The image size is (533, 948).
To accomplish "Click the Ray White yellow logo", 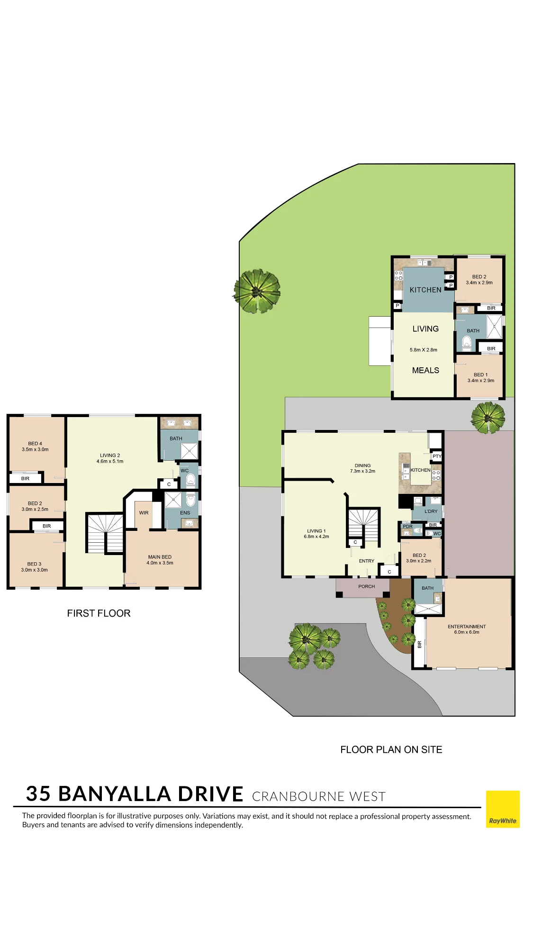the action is [x=503, y=809].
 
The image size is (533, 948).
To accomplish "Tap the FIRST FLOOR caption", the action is [x=99, y=613].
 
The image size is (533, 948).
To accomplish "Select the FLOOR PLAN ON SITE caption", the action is [x=391, y=749].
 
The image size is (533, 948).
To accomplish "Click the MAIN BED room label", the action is [x=160, y=557].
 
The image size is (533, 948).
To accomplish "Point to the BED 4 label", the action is [x=35, y=444].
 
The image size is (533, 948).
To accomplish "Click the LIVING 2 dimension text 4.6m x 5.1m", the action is [x=110, y=461].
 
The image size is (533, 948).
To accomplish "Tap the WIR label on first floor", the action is [x=144, y=513].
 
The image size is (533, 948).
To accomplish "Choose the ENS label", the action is [x=185, y=513].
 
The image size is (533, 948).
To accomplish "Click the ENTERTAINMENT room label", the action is [x=467, y=627].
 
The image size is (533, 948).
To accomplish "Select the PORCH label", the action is [x=367, y=586].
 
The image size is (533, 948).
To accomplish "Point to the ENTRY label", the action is [x=367, y=561].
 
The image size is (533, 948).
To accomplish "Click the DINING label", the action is [x=363, y=465].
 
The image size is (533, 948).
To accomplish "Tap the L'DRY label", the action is [x=431, y=511].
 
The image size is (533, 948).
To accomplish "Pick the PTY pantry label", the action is [x=437, y=456].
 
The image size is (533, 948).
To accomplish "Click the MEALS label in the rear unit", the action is [x=425, y=370].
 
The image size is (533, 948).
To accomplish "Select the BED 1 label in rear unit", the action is [x=480, y=374].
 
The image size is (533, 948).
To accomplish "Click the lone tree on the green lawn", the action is [x=257, y=291].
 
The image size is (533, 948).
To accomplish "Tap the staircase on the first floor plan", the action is [x=105, y=533].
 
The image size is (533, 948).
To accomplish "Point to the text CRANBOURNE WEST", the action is [x=319, y=796].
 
